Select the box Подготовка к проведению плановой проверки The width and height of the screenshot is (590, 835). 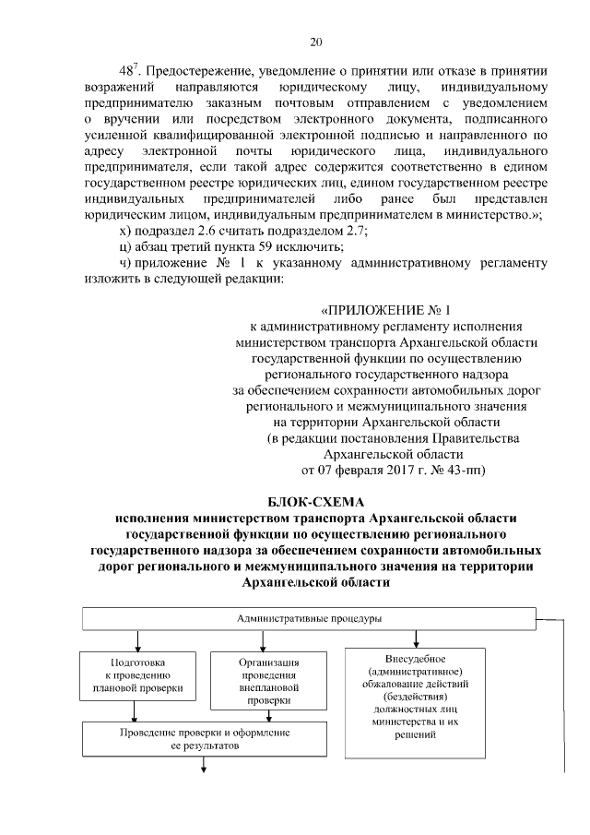(137, 675)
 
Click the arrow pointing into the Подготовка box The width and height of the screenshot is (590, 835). (137, 640)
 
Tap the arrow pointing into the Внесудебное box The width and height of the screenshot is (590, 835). (418, 637)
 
